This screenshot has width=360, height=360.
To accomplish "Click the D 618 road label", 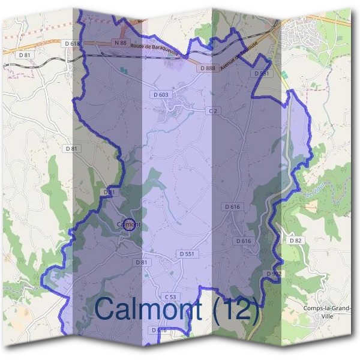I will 71,43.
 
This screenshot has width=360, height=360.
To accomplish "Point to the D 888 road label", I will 206,68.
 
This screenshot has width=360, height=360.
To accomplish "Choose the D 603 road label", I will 161,95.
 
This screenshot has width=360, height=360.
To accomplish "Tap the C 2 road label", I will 212,111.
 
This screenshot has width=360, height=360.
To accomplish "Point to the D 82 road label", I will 295,241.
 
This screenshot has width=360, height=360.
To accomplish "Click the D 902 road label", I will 274,274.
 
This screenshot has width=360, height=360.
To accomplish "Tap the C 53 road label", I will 171,297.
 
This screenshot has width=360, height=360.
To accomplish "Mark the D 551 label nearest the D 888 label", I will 260,73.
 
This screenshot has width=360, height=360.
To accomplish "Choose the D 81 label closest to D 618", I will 25,55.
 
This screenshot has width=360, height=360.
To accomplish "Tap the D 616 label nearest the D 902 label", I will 244,241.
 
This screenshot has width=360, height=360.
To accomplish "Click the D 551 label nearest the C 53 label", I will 187,254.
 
